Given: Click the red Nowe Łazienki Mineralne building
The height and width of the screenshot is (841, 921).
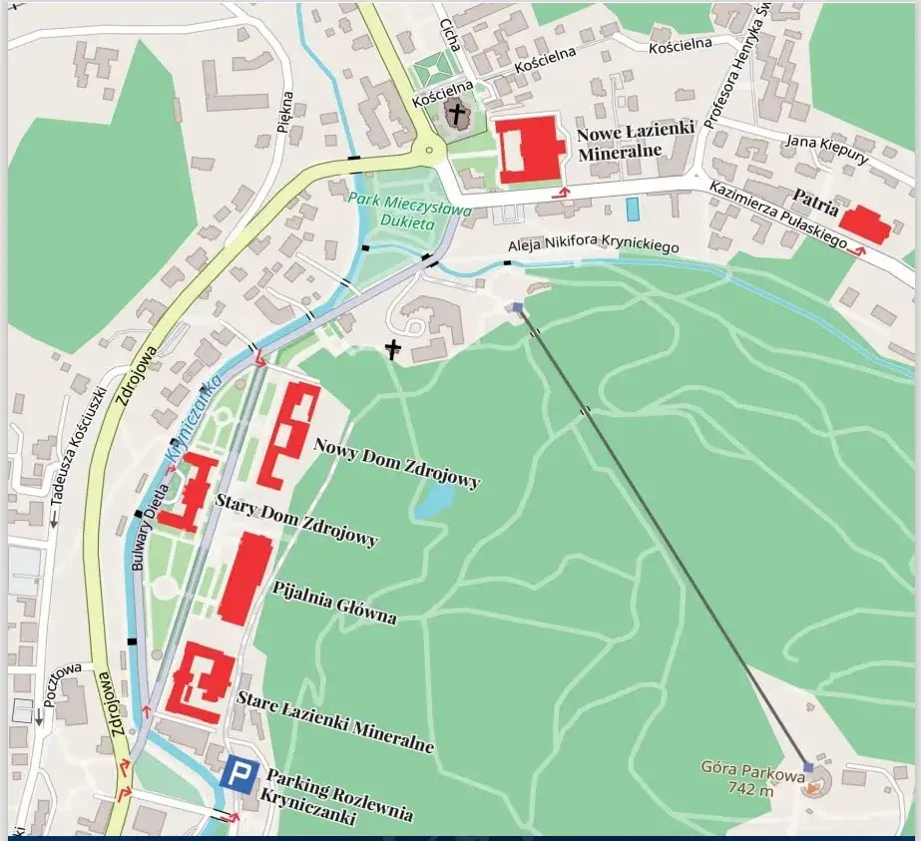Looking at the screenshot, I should coord(529,150).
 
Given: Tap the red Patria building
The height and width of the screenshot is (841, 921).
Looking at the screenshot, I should coord(864,224).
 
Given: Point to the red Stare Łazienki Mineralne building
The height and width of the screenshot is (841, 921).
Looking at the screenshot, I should coord(203,682).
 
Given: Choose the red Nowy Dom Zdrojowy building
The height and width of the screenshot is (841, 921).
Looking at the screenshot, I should coord(288,432).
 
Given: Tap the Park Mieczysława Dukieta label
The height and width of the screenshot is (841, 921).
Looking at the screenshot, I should coord(396,210).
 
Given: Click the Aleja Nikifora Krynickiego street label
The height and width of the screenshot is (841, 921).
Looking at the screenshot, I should coord(593,245).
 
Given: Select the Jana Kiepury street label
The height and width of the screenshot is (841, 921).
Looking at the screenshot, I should coord(827,148).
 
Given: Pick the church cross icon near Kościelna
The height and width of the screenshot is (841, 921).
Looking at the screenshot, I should coord(457,116).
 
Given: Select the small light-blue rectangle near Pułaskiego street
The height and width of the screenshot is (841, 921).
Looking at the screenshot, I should coord(632,210).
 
